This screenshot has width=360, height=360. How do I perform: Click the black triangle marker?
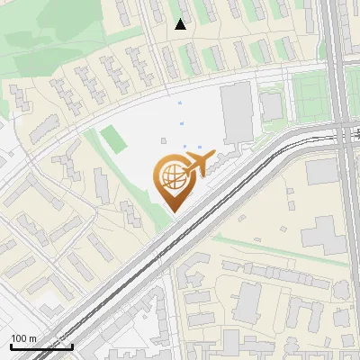[x=181, y=24]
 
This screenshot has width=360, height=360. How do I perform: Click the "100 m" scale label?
[x=25, y=338]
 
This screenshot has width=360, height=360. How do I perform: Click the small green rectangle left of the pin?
[x=113, y=139]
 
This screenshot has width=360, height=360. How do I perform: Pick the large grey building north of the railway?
[x=237, y=112]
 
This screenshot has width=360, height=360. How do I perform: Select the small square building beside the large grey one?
[x=271, y=107]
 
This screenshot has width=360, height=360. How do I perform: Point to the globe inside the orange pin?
[x=172, y=176]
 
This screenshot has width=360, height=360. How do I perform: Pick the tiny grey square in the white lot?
[x=163, y=140]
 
